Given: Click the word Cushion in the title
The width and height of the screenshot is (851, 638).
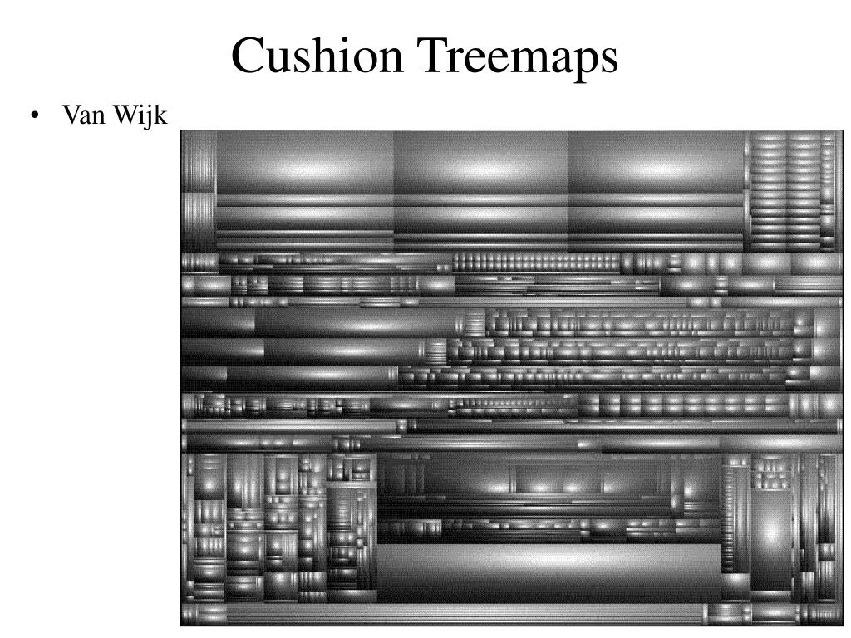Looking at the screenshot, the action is [317, 55].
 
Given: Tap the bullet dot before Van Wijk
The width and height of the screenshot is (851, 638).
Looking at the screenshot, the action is [35, 115].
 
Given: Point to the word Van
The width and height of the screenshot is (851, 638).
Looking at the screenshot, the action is [84, 115].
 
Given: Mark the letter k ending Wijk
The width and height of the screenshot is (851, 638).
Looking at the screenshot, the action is [161, 114].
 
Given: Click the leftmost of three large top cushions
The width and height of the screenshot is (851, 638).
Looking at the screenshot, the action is [305, 163].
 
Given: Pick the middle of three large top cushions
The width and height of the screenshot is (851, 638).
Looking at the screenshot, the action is [481, 163].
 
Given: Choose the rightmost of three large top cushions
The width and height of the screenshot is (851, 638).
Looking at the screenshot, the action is [657, 163].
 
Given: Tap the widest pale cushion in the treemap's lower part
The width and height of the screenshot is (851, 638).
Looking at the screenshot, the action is [548, 572].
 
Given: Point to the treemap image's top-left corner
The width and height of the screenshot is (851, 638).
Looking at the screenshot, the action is [180, 130].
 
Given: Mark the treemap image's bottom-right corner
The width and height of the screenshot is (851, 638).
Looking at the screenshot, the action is [844, 626].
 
